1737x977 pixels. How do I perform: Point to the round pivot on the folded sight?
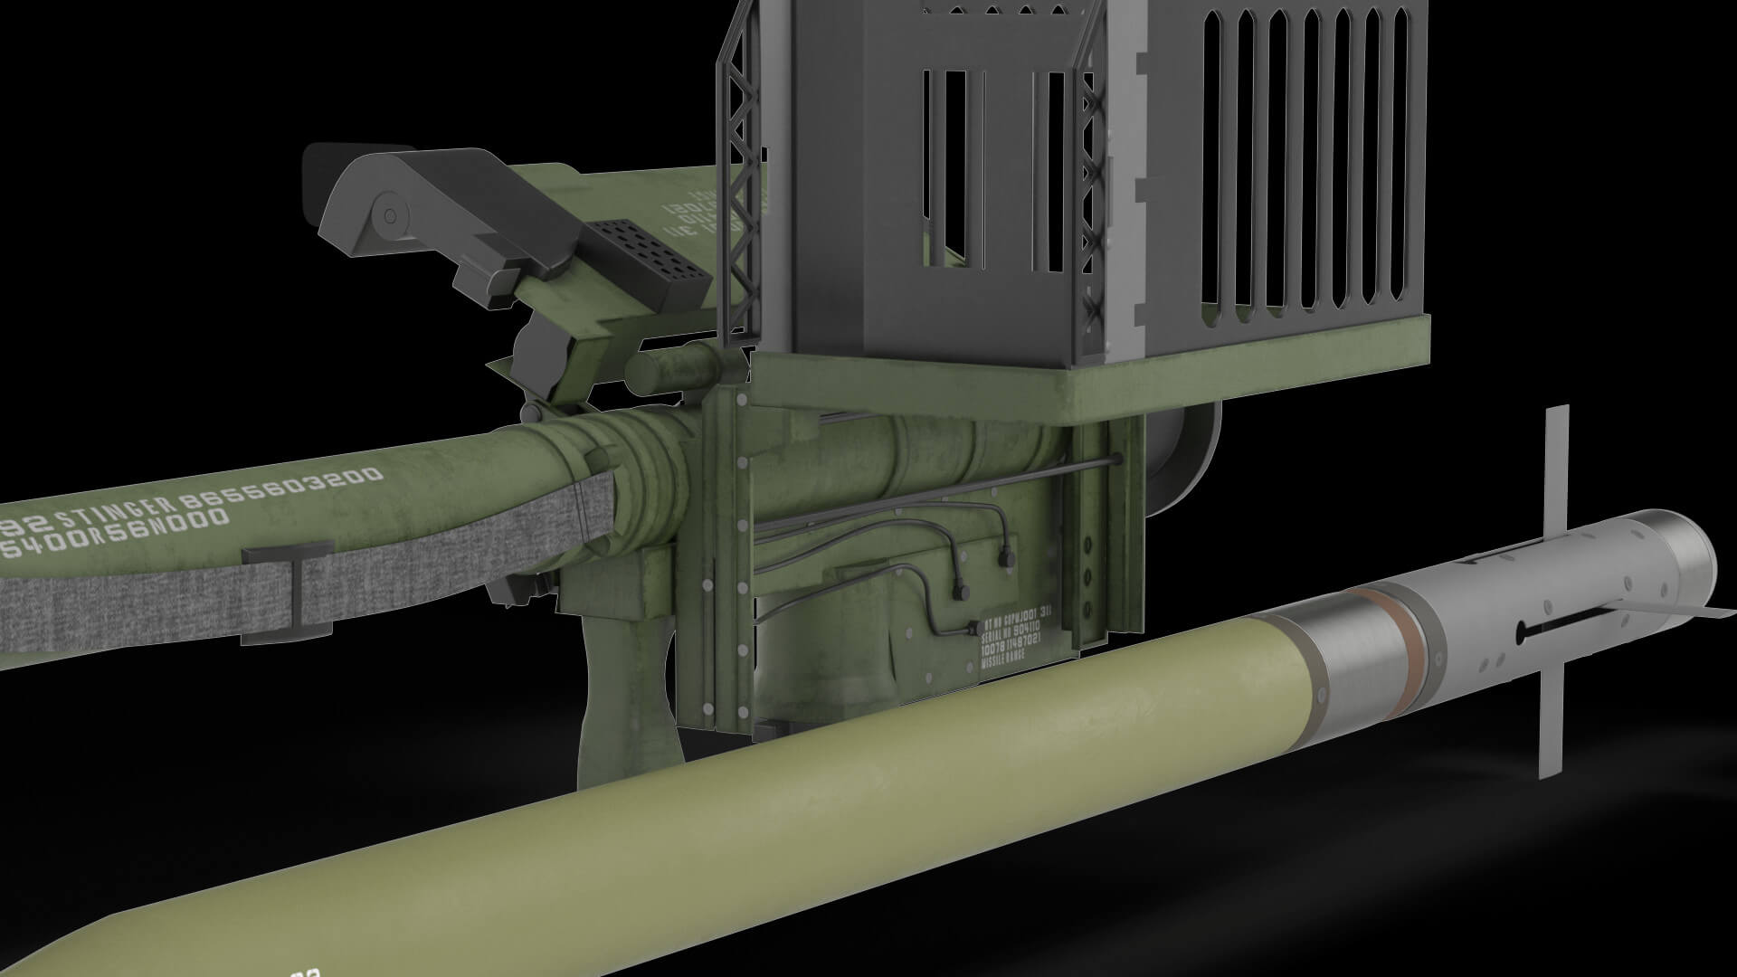point(390,215)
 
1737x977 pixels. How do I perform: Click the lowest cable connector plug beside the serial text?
point(972,629)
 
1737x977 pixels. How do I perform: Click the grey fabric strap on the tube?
point(136,597)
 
